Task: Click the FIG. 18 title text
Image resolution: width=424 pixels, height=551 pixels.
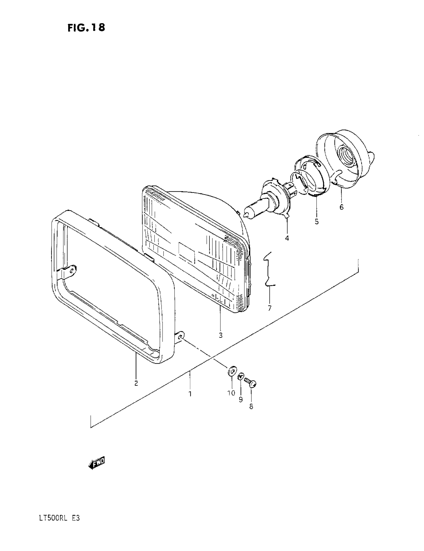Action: click(x=86, y=27)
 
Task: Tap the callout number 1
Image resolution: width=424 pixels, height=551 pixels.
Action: click(x=190, y=393)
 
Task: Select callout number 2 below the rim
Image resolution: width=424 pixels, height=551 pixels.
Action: click(x=136, y=383)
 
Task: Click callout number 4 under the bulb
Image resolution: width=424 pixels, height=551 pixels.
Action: click(x=287, y=238)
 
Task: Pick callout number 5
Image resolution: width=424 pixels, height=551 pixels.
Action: click(x=317, y=221)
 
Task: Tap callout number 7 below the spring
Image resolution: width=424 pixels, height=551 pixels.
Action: click(x=269, y=308)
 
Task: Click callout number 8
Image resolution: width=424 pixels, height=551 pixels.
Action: click(x=251, y=407)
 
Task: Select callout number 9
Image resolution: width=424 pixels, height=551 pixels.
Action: click(x=241, y=400)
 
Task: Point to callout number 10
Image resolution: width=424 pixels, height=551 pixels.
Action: click(x=231, y=393)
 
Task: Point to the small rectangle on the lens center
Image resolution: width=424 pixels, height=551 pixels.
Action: click(x=187, y=251)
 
